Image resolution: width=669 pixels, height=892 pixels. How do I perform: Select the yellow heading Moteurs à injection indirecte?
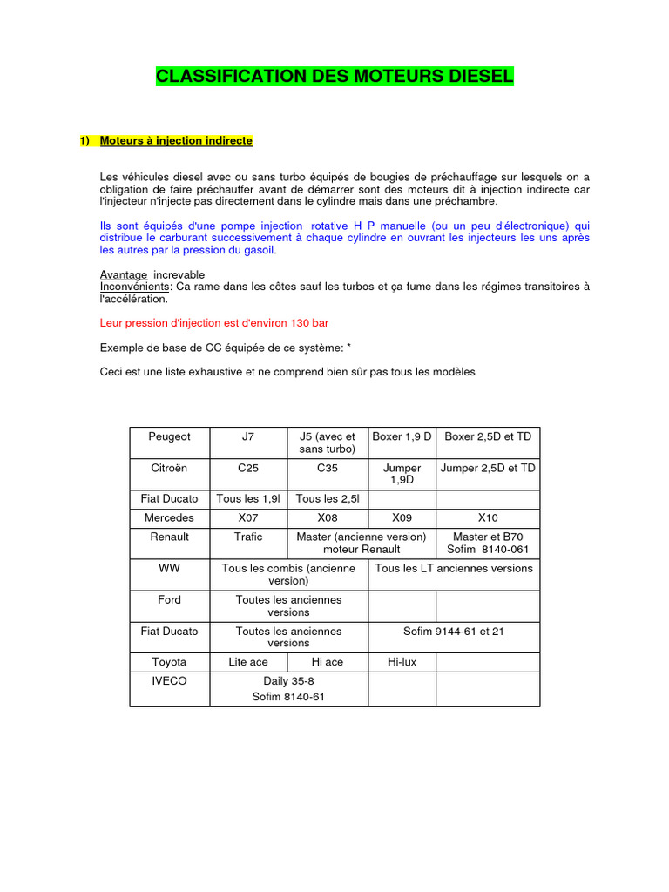(x=176, y=140)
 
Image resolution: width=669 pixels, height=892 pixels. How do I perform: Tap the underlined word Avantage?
(x=123, y=274)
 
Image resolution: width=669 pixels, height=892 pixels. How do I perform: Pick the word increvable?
(x=179, y=274)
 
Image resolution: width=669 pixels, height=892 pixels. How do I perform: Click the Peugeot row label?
(x=169, y=436)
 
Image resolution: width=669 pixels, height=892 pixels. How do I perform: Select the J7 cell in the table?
(x=248, y=436)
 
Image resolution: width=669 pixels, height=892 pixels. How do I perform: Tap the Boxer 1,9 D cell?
(x=402, y=436)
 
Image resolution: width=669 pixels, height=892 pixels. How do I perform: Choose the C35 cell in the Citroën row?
(x=328, y=468)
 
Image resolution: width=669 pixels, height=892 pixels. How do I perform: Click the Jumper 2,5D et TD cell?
(x=488, y=468)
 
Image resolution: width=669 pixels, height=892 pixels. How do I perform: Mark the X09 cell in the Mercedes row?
(x=402, y=517)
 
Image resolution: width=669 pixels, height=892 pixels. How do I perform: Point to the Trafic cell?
(x=248, y=537)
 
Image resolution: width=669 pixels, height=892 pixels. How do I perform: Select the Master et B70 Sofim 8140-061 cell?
(x=488, y=543)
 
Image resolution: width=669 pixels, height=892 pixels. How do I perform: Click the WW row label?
(x=169, y=568)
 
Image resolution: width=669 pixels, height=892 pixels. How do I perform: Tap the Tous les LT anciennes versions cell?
(x=453, y=568)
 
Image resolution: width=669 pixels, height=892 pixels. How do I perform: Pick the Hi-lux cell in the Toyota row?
(x=402, y=662)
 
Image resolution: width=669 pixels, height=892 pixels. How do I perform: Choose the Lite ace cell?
(x=248, y=662)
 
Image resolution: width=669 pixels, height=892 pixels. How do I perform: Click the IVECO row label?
(x=169, y=680)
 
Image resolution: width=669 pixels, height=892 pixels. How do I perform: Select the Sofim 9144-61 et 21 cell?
(x=453, y=631)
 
